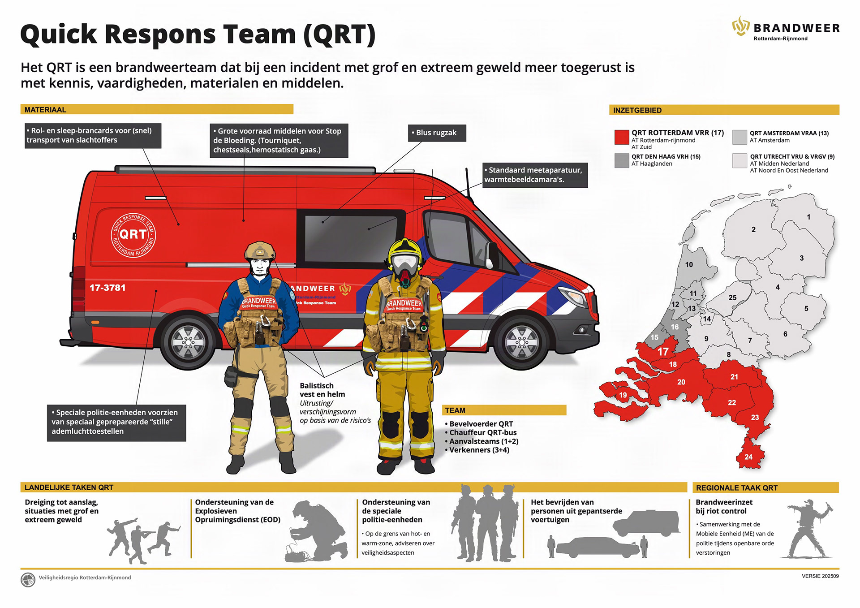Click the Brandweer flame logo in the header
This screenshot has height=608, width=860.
point(740,26)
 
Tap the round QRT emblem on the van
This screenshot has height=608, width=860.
point(133,235)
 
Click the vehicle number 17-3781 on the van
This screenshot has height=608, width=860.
point(107,288)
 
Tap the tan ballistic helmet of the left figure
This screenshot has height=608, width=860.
point(259,250)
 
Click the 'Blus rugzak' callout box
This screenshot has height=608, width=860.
point(437,133)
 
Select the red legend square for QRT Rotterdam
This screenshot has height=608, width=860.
point(622,137)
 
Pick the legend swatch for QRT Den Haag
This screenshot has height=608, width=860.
point(622,160)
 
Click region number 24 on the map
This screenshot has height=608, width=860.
point(748,457)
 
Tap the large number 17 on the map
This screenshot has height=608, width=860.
point(663,352)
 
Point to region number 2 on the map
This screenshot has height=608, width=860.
point(753,229)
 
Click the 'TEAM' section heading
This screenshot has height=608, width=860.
point(455,410)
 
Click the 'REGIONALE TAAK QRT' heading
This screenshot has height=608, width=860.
point(737,488)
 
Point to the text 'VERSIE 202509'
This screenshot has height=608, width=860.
point(820,576)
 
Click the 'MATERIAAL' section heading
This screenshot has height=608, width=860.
point(45,110)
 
